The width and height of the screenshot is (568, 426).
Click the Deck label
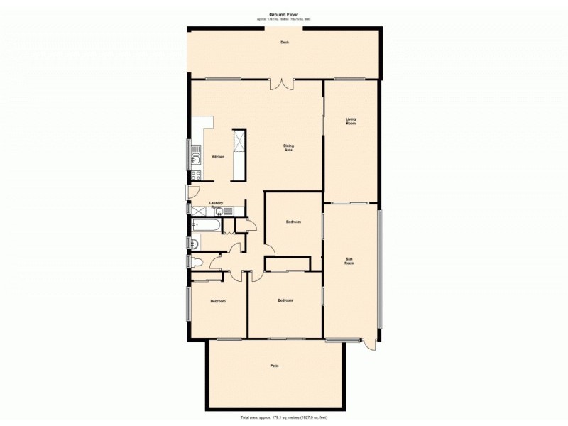pos(284,42)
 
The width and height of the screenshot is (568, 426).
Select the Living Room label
pos(350,121)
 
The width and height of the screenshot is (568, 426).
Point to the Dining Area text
pos(289,148)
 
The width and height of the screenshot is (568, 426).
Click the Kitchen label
pos(218,157)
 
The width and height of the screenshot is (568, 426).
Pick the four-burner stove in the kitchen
pos(196,175)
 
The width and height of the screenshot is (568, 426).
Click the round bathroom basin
pos(194,244)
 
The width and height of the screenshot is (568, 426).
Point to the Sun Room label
pos(349,261)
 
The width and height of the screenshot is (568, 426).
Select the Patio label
pos(274,366)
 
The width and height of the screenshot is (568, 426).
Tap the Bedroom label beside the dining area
pos(293,222)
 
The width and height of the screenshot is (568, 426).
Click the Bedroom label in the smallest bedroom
pos(217,302)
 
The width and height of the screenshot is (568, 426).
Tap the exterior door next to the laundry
pos(188,192)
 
